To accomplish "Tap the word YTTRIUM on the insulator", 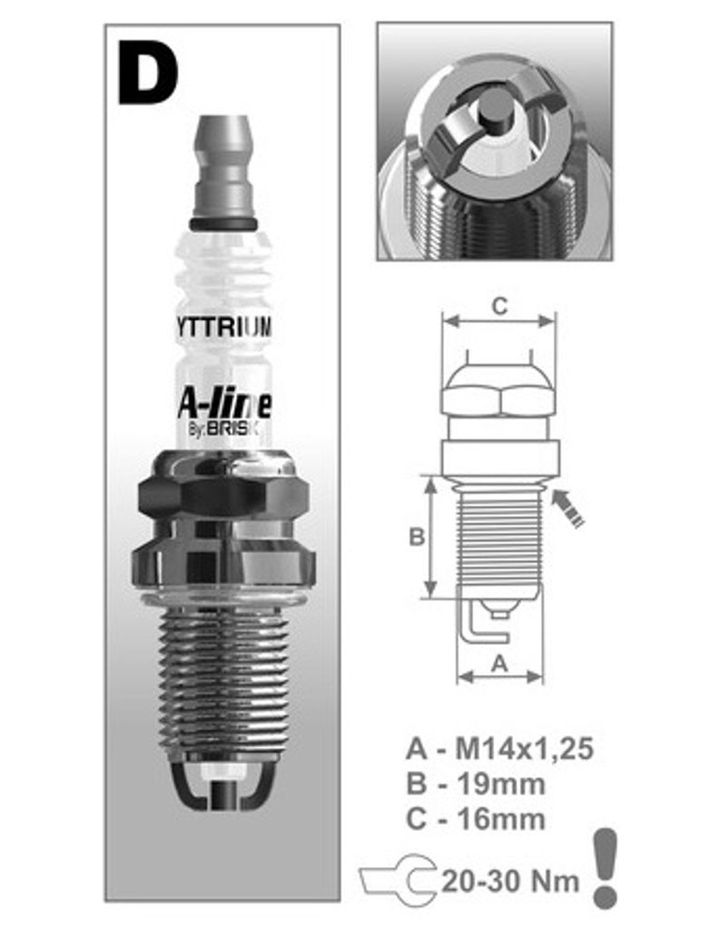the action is [223, 327].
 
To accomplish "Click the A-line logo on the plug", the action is [224, 405].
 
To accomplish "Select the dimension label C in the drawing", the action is [499, 306].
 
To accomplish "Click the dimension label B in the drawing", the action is [417, 537].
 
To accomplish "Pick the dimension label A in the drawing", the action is [499, 663].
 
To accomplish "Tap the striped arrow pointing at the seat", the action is [568, 507].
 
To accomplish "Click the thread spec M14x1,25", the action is [524, 748].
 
